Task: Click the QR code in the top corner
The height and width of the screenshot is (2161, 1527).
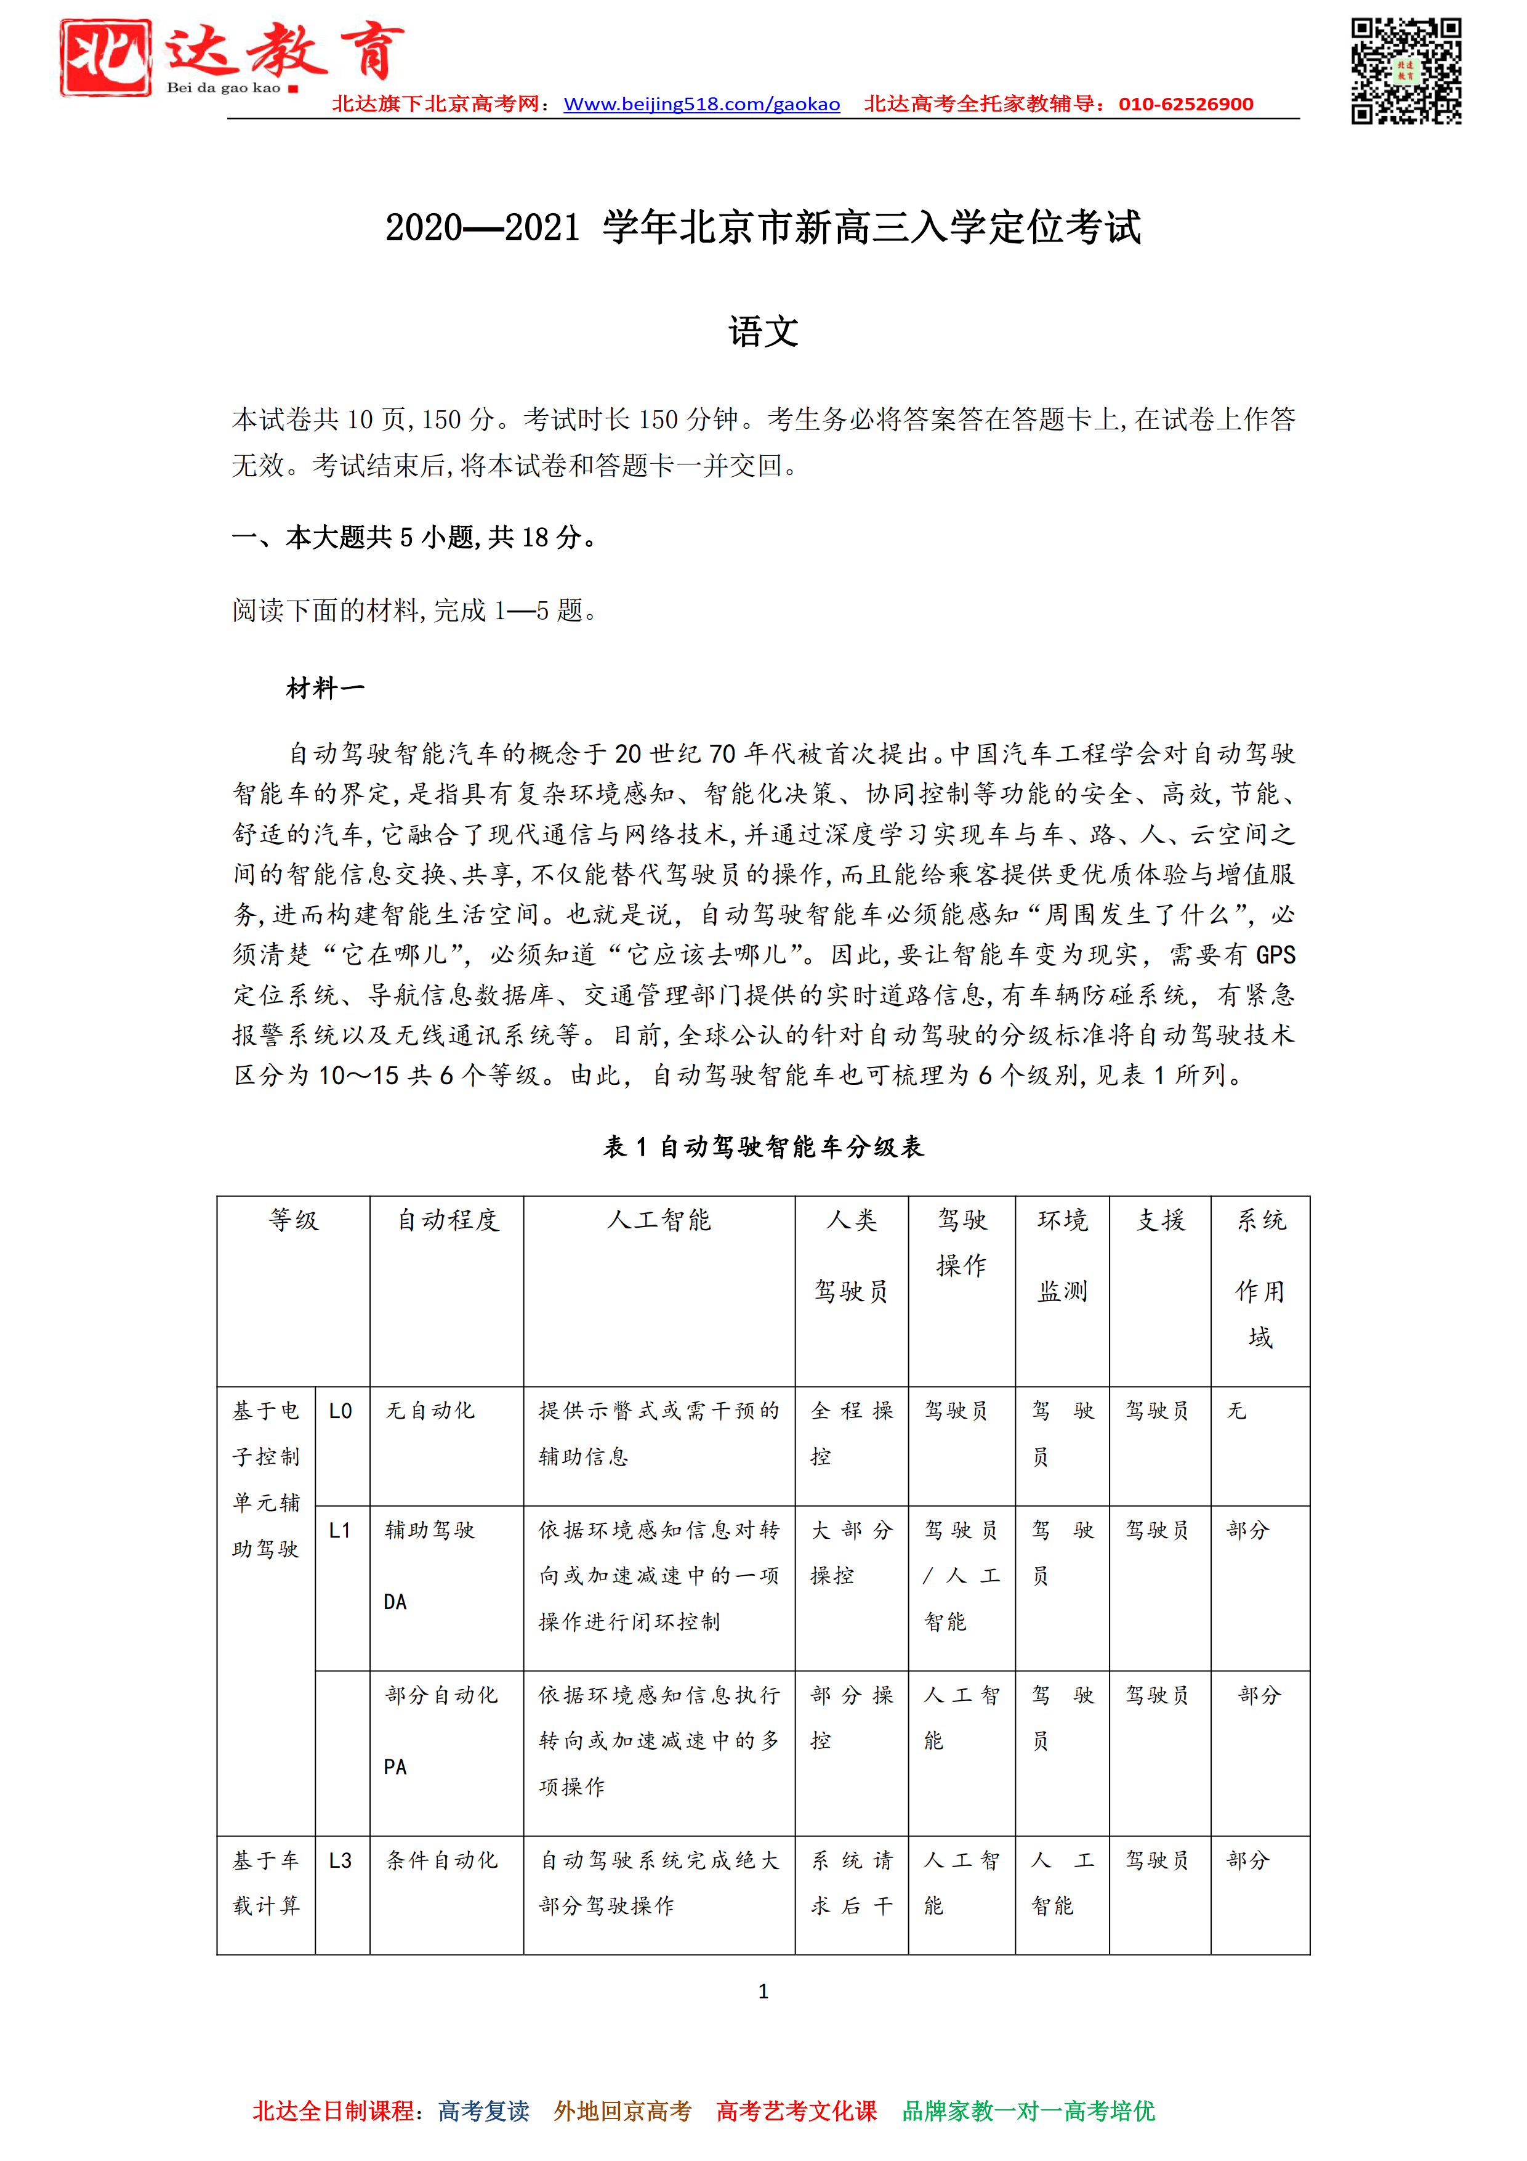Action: click(x=1406, y=71)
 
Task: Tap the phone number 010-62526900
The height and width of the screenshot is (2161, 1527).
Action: click(x=1185, y=105)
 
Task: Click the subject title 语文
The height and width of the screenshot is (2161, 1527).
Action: click(x=763, y=331)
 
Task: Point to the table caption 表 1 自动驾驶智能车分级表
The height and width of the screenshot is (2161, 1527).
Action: click(x=763, y=1146)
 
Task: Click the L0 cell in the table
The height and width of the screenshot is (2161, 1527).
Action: click(x=340, y=1411)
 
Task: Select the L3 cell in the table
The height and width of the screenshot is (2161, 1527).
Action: click(x=340, y=1861)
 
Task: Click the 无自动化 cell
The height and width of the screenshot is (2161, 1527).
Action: click(x=430, y=1411)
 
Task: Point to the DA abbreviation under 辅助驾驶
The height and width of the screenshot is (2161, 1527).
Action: click(x=395, y=1602)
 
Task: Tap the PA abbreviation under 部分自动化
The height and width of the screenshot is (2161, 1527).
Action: click(x=395, y=1767)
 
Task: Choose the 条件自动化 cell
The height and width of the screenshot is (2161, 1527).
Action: click(x=441, y=1861)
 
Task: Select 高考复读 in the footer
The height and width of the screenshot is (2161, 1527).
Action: click(x=483, y=2111)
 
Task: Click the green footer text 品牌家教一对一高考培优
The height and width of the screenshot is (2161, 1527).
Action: click(x=1028, y=2111)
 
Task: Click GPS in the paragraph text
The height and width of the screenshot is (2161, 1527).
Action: click(x=1275, y=955)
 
